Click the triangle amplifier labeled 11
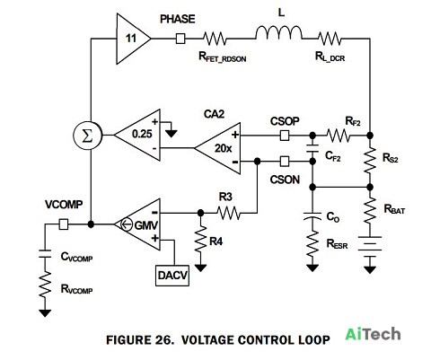point(132,39)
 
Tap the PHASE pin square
point(180,39)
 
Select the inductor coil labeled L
point(279,32)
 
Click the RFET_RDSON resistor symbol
point(215,39)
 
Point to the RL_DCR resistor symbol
point(329,39)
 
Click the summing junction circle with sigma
point(88,136)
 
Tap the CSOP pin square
point(285,136)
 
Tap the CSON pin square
point(285,162)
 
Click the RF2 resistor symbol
point(338,136)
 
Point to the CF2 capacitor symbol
point(312,149)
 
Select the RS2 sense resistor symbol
point(370,160)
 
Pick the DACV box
point(172,276)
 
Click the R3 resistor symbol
point(228,213)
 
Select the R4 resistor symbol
point(200,239)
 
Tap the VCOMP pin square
point(64,224)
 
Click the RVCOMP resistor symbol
point(45,285)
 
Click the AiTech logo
point(373,334)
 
